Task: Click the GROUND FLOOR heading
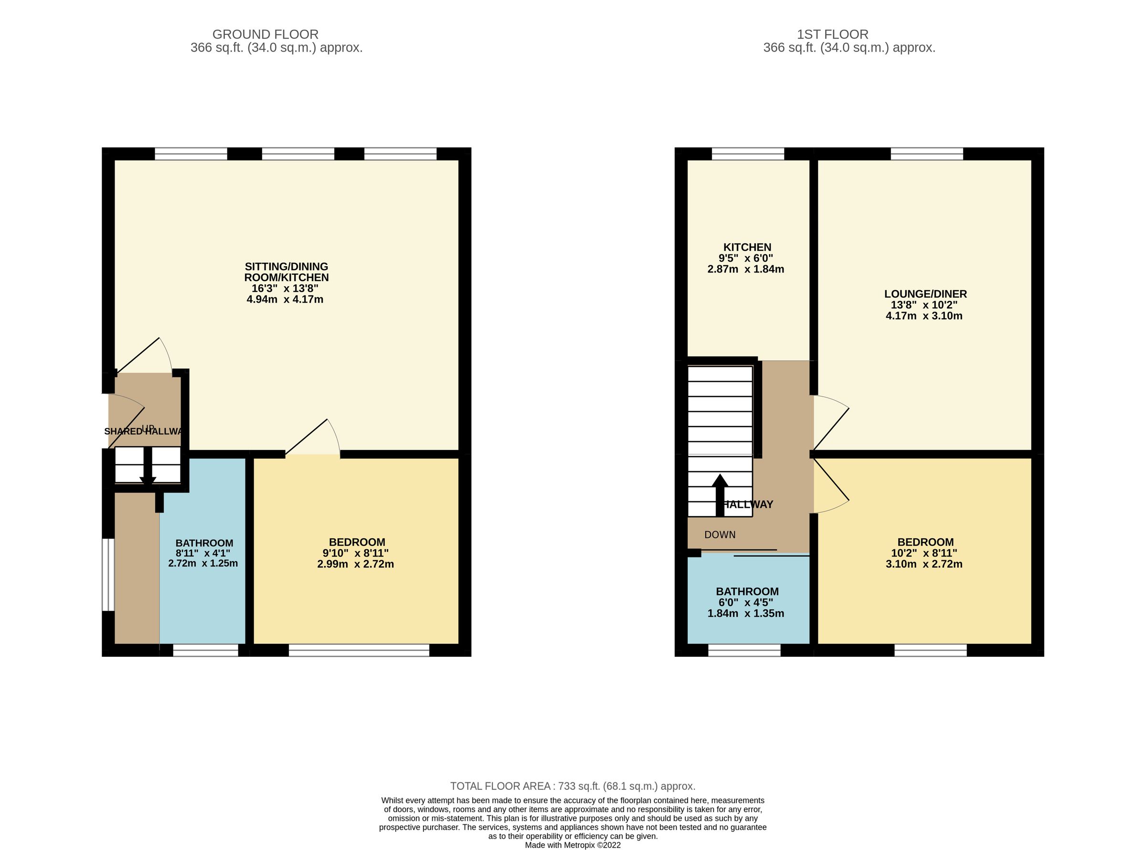click(265, 34)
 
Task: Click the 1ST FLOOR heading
click(832, 34)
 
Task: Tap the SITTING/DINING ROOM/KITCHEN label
click(286, 272)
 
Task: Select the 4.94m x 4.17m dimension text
click(285, 299)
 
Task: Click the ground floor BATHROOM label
click(204, 543)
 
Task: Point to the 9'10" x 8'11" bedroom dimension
click(355, 553)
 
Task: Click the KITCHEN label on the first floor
click(747, 247)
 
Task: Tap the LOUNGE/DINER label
click(925, 294)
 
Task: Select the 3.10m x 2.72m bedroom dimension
click(923, 564)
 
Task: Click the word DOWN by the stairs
click(719, 535)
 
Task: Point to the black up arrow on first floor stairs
click(719, 494)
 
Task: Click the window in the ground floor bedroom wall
click(358, 651)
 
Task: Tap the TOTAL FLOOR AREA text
click(572, 786)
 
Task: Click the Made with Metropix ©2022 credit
click(572, 845)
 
